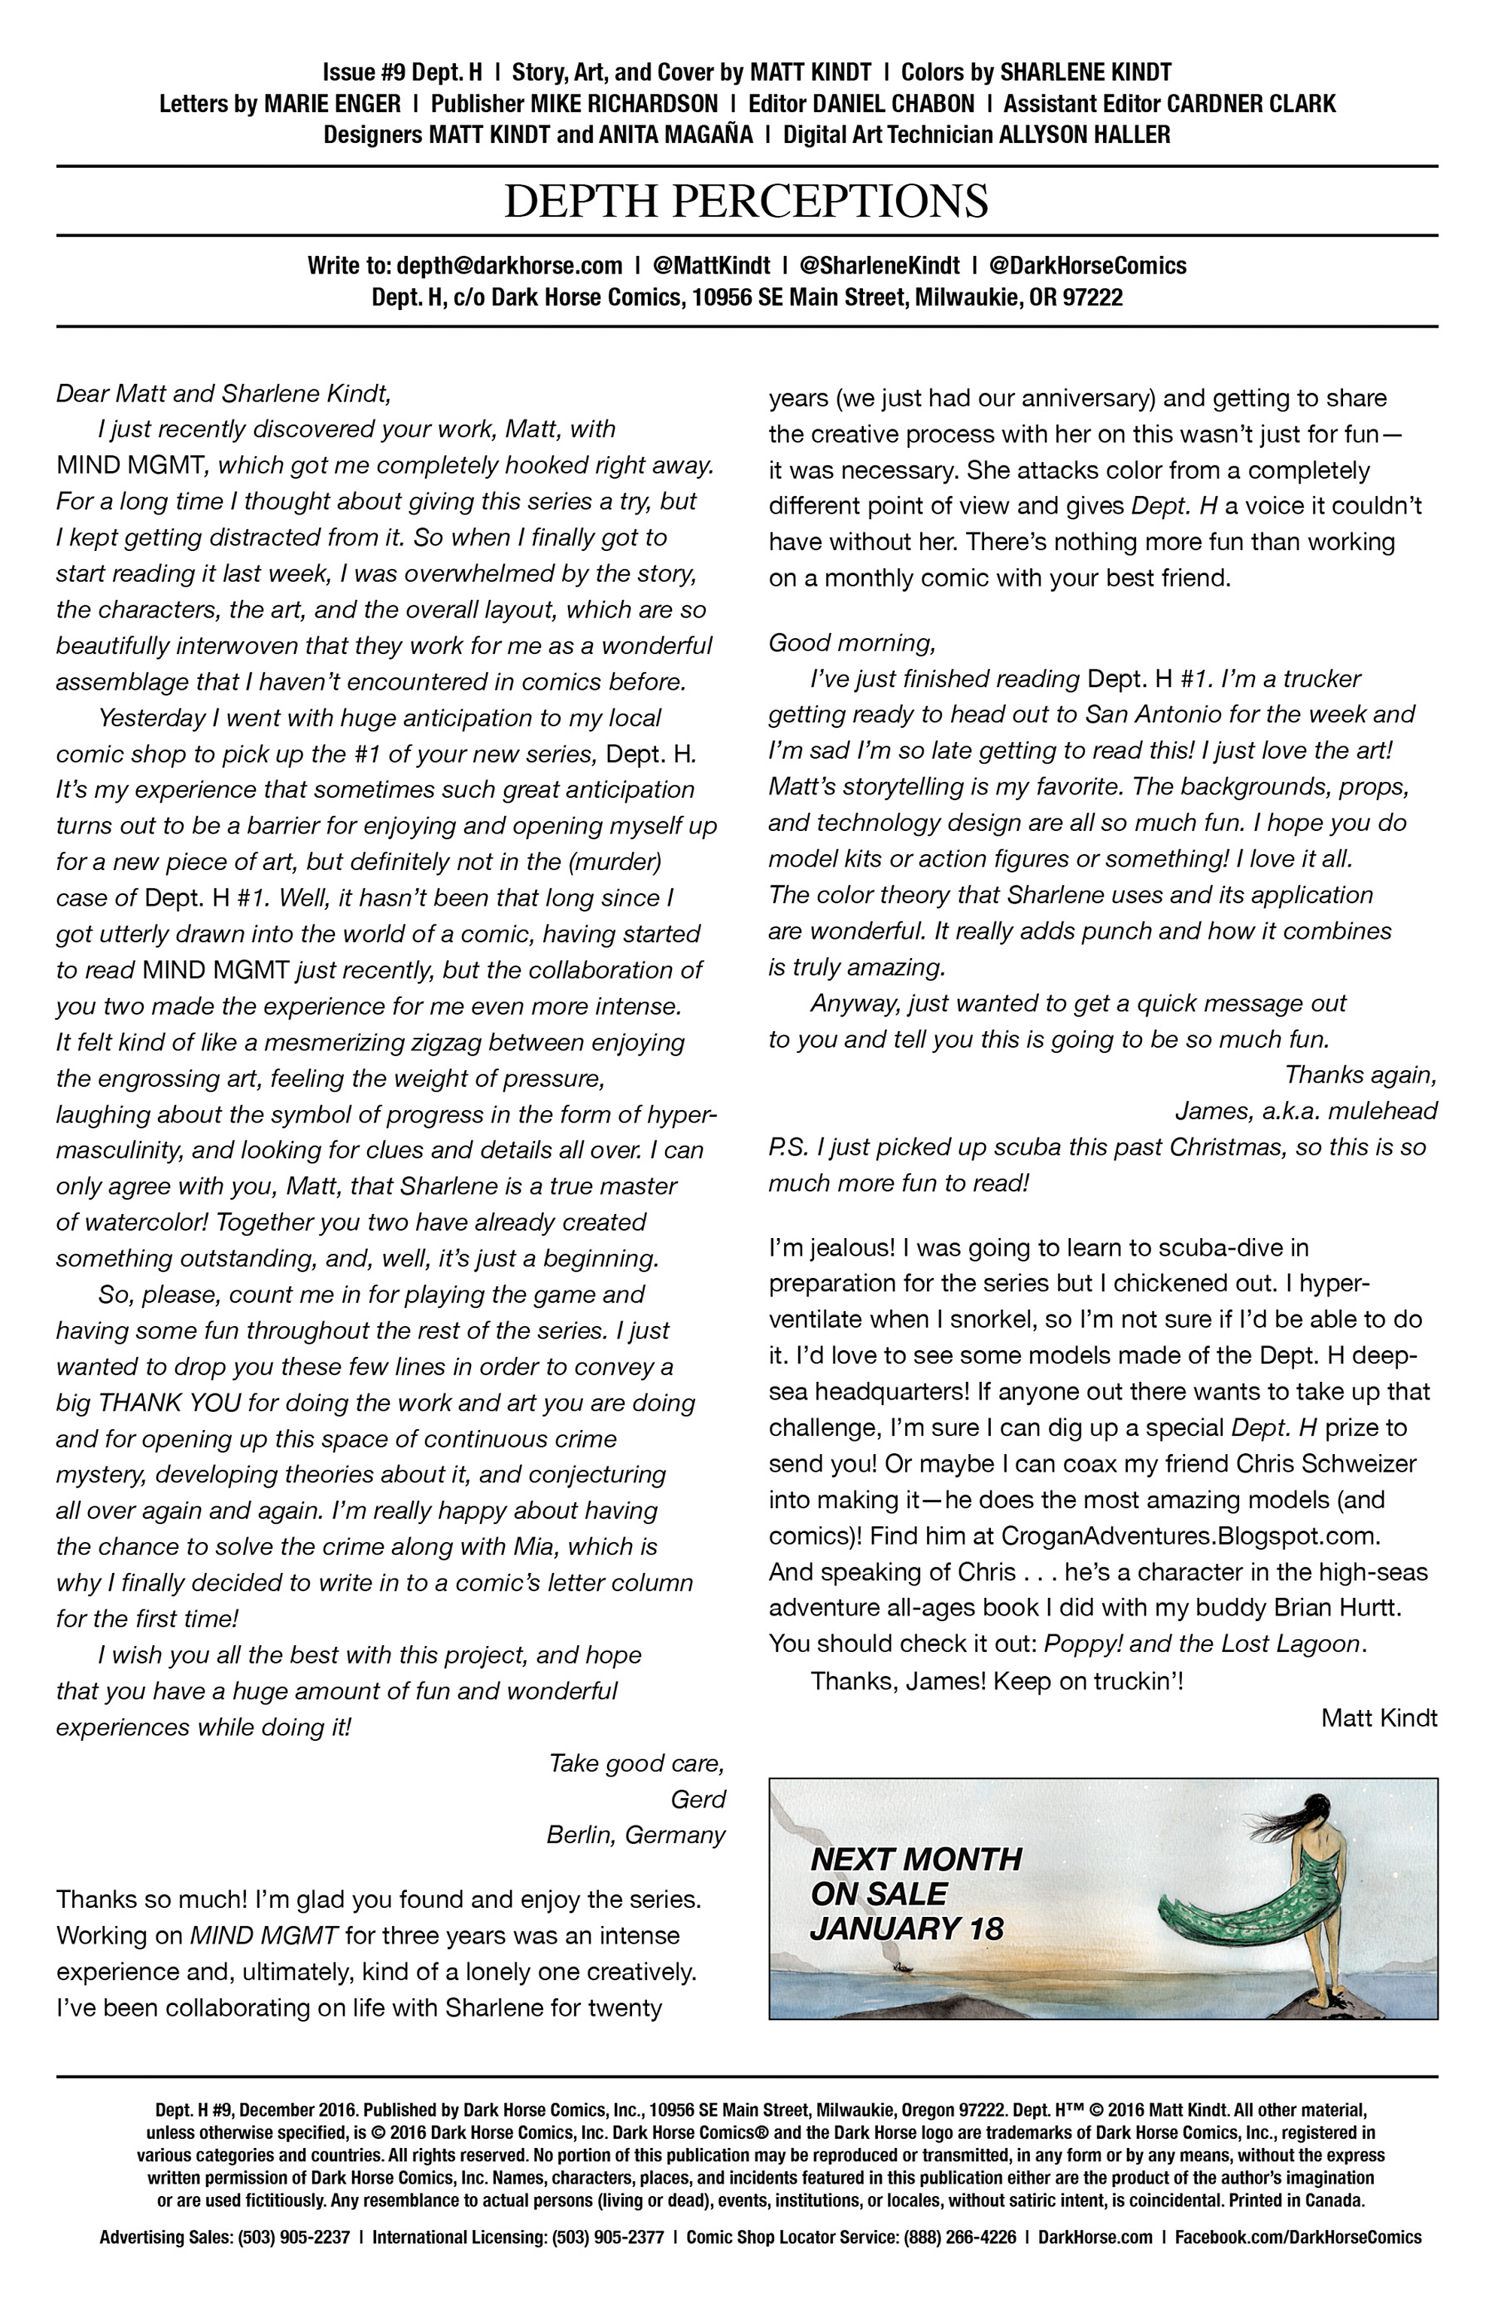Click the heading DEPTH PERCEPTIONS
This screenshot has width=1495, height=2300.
(x=746, y=201)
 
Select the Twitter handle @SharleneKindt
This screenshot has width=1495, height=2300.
(x=880, y=266)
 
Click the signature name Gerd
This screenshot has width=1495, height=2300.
(x=697, y=1800)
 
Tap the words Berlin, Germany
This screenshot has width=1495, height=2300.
(x=635, y=1835)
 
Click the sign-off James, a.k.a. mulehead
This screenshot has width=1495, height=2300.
(x=1305, y=1112)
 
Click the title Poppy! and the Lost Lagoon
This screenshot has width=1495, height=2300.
(x=1202, y=1644)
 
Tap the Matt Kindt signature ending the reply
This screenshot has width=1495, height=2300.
(x=1378, y=1717)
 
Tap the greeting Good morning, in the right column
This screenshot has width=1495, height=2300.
(x=852, y=643)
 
